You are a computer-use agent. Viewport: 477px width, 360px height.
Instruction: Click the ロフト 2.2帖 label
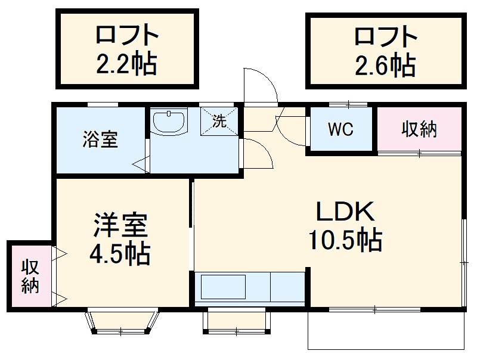coord(126,49)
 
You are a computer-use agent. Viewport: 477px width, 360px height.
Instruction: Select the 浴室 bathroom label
coord(100,140)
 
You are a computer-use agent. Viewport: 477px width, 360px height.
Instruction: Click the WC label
coord(340,129)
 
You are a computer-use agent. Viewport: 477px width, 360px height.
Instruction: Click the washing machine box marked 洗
coord(220,122)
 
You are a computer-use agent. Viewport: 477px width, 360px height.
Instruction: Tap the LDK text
coord(344,212)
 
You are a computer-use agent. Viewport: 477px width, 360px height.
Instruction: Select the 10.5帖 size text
coord(345,240)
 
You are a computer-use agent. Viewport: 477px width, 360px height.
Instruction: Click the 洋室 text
coord(119,226)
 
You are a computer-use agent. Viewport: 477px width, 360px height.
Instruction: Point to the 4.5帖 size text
coord(119,255)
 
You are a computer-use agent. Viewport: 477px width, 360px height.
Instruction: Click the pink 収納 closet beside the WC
coord(419,129)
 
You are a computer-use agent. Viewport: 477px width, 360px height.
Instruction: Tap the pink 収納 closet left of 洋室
coord(30,275)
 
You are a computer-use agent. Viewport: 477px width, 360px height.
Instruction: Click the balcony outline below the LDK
coord(386,331)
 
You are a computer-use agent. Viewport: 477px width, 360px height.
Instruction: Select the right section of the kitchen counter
coord(288,287)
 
